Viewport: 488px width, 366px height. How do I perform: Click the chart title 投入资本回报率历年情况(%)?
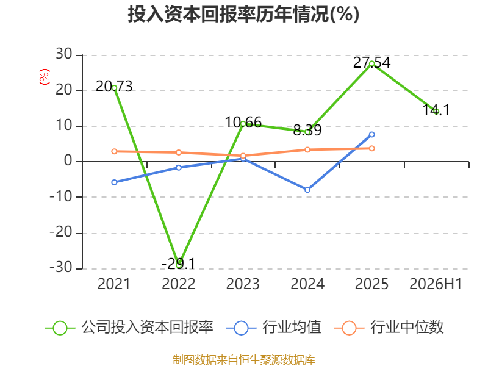[x=243, y=14]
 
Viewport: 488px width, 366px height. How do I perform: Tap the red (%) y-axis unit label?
[x=44, y=77]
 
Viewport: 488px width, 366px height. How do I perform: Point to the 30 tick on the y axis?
[x=64, y=54]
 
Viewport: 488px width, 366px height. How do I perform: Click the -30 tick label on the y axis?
[x=62, y=267]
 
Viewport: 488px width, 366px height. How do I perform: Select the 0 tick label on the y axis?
[x=68, y=161]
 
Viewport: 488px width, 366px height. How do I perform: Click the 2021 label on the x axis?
[x=113, y=284]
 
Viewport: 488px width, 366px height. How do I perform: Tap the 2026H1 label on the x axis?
[x=436, y=284]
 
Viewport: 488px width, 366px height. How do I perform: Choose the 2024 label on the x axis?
[x=307, y=284]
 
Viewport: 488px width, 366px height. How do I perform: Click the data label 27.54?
[x=371, y=63]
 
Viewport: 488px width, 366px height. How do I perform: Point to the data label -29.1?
[x=178, y=264]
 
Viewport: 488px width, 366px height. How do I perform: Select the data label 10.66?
[x=243, y=123]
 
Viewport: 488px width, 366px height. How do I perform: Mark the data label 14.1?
[x=436, y=110]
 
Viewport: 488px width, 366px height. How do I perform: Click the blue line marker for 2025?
[x=371, y=134]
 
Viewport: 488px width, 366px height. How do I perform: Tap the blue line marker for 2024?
[x=307, y=190]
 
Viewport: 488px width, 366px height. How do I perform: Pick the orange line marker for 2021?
[x=114, y=151]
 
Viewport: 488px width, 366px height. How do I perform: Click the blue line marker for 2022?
[x=179, y=168]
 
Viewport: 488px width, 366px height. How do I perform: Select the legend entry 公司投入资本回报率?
[x=129, y=328]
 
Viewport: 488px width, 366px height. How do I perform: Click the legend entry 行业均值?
[x=273, y=328]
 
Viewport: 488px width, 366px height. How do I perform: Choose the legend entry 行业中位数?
[x=389, y=328]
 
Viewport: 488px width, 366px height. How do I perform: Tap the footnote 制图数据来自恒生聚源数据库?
[x=244, y=360]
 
